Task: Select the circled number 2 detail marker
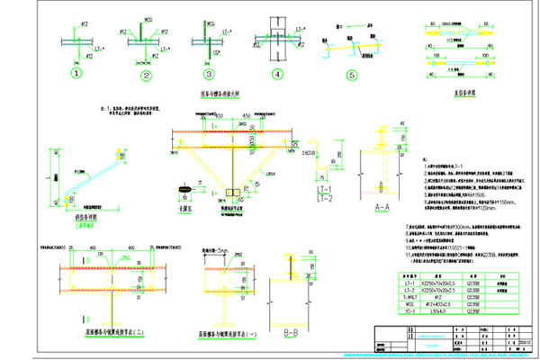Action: pos(146,74)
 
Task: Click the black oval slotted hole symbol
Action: pos(186,192)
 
